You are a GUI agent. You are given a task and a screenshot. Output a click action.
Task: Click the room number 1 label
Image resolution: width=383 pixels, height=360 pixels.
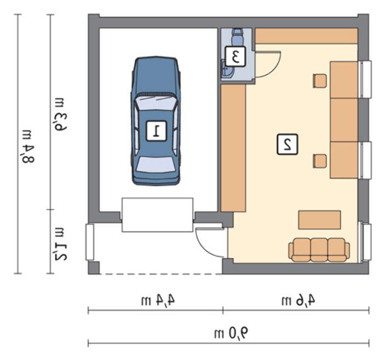click(156, 131)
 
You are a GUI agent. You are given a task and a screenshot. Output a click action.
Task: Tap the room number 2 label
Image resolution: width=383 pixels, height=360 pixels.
click(287, 144)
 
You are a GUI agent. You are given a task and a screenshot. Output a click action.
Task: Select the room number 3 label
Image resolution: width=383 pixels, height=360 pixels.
click(235, 56)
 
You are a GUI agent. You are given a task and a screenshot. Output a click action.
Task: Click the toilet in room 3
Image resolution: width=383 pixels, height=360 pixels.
click(237, 37)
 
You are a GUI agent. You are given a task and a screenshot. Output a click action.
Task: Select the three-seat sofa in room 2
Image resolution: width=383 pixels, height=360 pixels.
click(319, 250)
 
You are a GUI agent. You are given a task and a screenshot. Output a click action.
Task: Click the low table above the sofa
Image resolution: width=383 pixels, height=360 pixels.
click(320, 220)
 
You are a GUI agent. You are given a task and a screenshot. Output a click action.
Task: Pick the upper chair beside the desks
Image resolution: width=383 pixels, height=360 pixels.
click(320, 81)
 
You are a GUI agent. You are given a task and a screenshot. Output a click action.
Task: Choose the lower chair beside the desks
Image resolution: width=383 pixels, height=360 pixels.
click(320, 161)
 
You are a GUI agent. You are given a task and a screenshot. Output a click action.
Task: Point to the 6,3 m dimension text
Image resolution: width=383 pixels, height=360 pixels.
click(60, 114)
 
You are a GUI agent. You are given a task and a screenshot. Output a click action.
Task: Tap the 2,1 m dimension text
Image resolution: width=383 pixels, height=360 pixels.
click(60, 244)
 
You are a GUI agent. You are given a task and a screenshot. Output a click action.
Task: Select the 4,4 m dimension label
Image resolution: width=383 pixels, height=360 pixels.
click(158, 300)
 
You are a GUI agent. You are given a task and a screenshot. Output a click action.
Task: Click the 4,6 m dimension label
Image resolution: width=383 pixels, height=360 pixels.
click(298, 300)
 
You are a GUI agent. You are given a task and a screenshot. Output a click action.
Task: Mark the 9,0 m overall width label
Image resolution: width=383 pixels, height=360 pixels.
click(231, 333)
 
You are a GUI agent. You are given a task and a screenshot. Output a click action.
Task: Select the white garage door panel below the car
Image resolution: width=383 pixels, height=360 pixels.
click(158, 215)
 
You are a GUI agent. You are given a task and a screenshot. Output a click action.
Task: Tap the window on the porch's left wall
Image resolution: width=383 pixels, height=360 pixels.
click(90, 242)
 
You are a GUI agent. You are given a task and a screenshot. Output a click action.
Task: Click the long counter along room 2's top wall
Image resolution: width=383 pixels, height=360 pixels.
click(306, 36)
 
